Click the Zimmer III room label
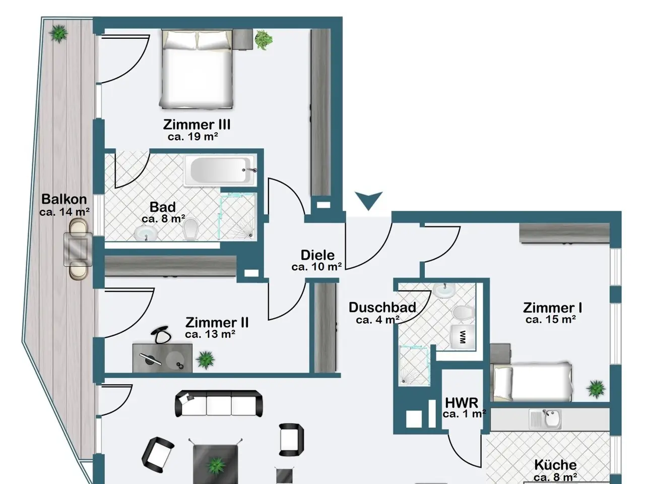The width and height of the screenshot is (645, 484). (197, 125)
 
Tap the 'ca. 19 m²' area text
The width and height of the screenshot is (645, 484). (193, 137)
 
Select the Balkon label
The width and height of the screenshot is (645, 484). (64, 199)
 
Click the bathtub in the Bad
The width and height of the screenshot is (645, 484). (220, 170)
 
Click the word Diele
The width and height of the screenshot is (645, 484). (317, 255)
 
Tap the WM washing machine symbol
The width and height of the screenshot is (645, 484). (463, 337)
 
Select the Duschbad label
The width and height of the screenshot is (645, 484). (382, 308)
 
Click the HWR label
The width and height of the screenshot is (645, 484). (462, 403)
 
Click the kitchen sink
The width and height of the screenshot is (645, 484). (545, 419)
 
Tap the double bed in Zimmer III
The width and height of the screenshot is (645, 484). (197, 69)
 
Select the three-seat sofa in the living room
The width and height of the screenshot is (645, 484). (219, 403)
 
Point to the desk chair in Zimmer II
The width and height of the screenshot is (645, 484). (161, 335)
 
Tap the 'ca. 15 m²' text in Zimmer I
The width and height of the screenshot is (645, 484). (550, 320)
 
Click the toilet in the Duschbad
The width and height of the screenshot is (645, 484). (464, 312)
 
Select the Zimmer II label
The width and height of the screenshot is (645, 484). (217, 323)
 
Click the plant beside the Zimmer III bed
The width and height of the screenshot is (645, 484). (263, 40)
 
